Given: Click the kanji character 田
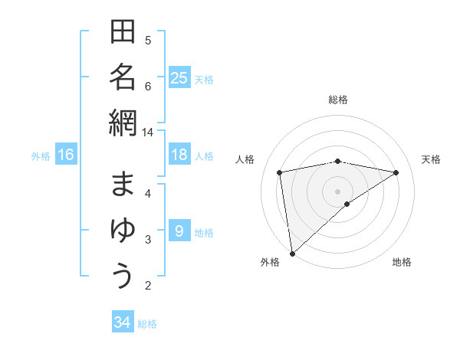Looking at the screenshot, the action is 123,32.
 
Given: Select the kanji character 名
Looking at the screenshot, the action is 123,77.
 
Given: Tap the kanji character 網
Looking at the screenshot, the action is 123,123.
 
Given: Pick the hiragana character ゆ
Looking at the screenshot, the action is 123,231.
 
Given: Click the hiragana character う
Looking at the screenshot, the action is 123,275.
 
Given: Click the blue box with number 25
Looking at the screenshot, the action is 179,78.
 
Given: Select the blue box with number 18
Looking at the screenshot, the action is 179,155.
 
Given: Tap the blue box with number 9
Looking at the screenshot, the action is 179,231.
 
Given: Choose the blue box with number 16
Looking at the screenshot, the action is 66,155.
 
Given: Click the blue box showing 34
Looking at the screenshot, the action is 122,322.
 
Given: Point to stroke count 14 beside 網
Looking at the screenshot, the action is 148,132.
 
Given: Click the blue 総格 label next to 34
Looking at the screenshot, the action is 147,324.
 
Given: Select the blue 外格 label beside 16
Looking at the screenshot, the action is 41,156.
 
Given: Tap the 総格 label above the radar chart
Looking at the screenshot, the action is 337,100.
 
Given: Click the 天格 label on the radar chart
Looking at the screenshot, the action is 432,159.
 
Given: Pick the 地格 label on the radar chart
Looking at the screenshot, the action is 402,262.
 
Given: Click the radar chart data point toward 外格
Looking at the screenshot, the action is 292,253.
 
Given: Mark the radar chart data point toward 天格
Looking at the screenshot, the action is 396,172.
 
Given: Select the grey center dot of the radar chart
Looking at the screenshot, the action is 337,191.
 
